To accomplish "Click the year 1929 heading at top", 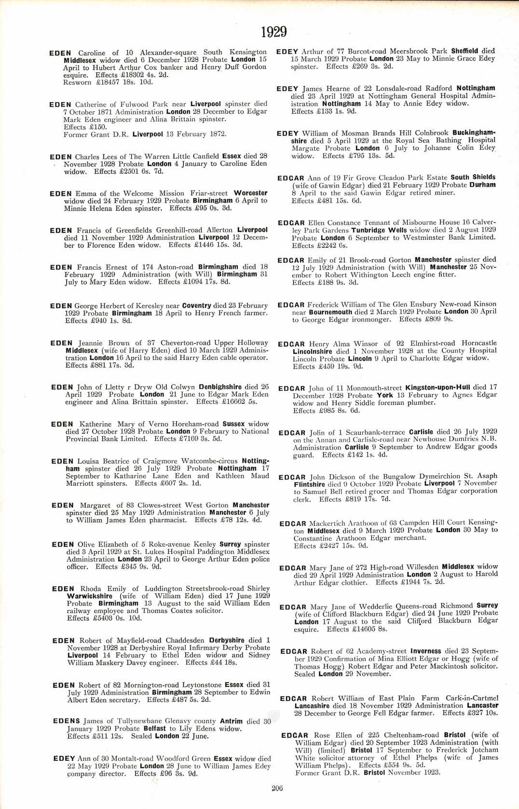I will tap(274, 32).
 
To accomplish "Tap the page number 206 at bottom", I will tap(277, 788).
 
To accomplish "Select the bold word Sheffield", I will tap(464, 51).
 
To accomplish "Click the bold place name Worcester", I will tap(250, 193).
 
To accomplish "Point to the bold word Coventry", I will tap(196, 305).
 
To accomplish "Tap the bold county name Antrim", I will tap(231, 721).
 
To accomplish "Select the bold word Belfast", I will tap(154, 729).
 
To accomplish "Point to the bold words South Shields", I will tap(473, 177).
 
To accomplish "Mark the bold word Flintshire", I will tap(309, 484).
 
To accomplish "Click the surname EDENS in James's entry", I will tap(67, 721).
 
